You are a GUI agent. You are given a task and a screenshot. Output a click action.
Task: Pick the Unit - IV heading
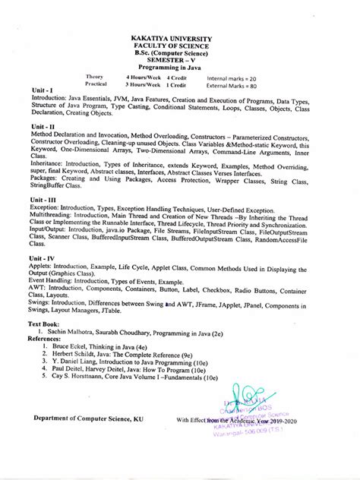43,257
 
